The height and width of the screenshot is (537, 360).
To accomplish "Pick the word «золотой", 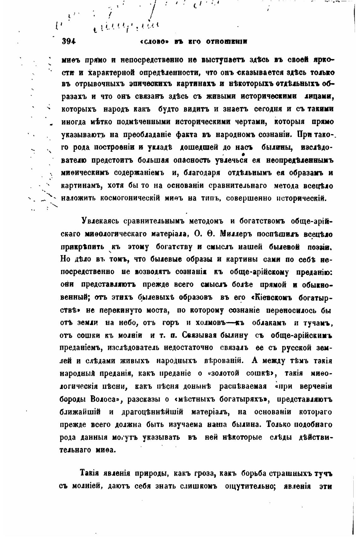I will (x=225, y=374).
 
